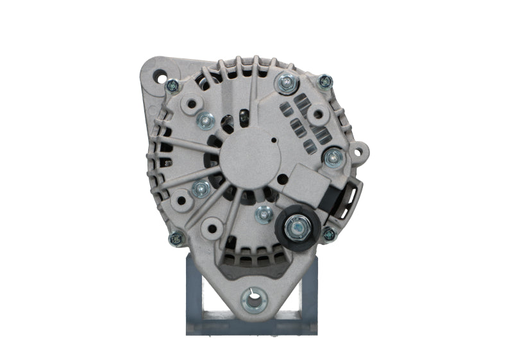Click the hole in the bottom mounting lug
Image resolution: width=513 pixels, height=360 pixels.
(x=255, y=299)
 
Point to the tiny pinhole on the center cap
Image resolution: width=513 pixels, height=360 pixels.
(x=274, y=140)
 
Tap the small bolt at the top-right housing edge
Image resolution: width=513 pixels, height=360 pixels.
(x=325, y=81)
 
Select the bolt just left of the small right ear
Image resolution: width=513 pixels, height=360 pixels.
(x=333, y=156)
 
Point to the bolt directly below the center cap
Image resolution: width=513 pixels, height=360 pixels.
(x=263, y=214)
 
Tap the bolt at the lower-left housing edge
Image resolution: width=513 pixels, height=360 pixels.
(x=176, y=238)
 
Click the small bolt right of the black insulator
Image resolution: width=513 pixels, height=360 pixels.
(x=328, y=234)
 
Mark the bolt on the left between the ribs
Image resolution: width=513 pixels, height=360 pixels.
(x=201, y=189)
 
